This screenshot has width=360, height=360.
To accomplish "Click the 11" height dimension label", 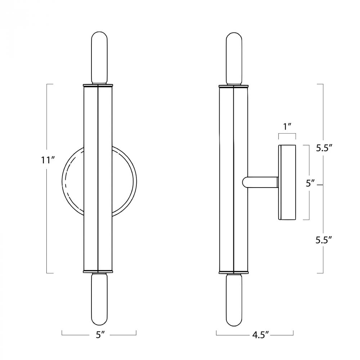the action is (48, 160).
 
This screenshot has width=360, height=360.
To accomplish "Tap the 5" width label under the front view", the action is (99, 335).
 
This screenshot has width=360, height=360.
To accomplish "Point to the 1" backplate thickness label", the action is (287, 126).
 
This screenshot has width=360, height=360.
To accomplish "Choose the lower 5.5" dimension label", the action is (324, 240).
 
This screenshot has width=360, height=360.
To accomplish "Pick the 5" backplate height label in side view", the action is (311, 184).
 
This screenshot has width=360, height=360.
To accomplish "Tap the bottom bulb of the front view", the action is (99, 299).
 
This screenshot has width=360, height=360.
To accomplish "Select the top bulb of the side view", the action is (234, 59).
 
